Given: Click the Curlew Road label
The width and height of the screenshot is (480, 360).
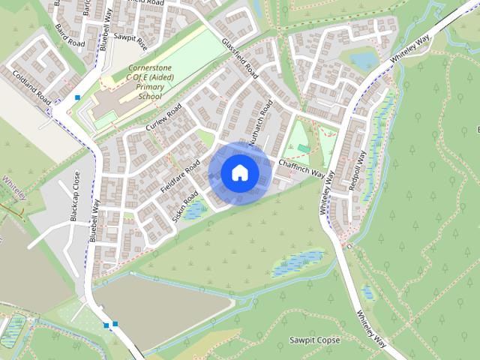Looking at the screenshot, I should coord(163,119).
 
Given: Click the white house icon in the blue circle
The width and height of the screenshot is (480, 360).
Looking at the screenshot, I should coord(239,173).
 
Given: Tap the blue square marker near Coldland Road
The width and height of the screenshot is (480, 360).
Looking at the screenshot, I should coord(77,97).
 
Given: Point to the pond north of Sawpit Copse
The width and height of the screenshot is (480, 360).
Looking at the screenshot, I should coord(298,262).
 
